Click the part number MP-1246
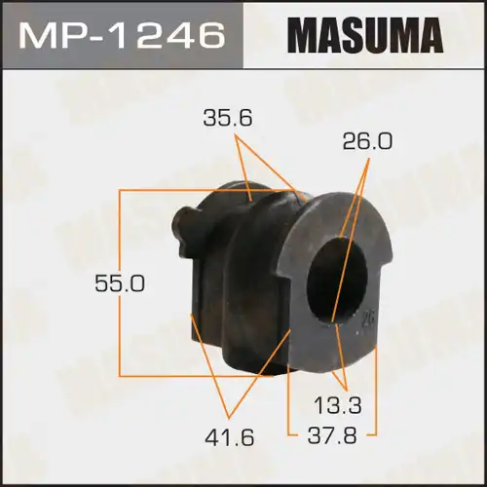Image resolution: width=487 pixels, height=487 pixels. [x=122, y=36]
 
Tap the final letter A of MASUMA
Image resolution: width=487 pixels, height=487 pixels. [x=430, y=36]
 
